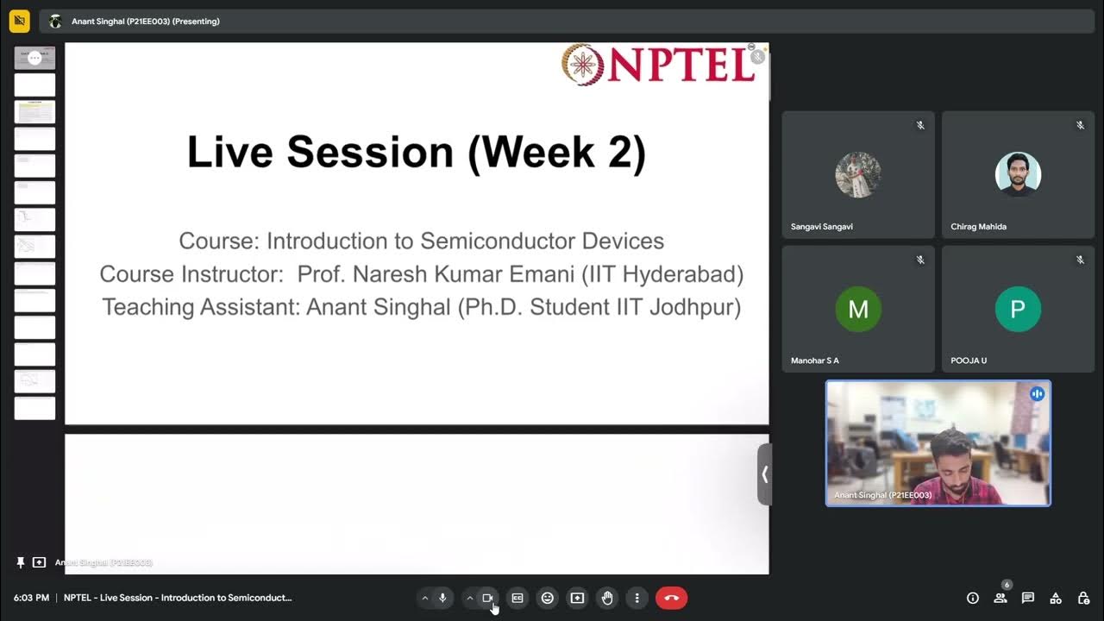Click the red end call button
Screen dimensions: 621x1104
671,598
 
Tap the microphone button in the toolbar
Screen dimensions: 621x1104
442,598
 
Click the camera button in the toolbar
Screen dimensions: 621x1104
487,598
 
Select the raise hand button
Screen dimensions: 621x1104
607,598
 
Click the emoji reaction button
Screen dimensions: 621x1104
547,598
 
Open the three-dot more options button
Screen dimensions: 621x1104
637,598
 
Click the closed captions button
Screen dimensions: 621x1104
517,598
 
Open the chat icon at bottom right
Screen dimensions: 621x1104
1028,598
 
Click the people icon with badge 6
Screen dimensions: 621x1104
1000,598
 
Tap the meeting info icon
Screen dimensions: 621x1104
973,598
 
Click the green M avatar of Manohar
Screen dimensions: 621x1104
858,310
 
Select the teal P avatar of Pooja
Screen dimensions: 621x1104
1018,310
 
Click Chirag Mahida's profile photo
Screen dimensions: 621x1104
1018,174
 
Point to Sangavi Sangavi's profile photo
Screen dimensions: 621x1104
858,175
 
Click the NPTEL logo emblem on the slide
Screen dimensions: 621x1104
583,65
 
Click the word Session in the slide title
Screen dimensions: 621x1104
370,153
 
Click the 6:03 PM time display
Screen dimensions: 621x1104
31,598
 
